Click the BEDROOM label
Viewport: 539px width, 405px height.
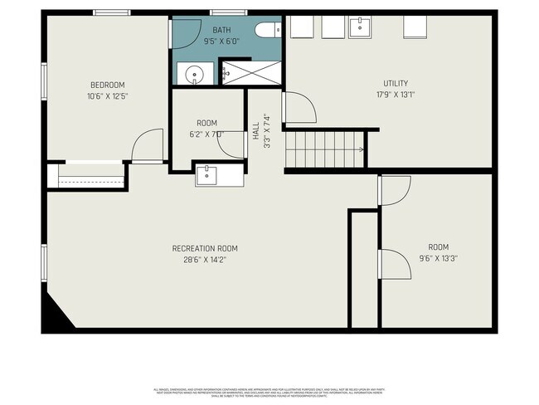point(108,85)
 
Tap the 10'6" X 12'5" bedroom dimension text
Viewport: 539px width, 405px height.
point(108,96)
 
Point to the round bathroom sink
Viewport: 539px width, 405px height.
point(193,72)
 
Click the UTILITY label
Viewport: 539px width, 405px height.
point(396,83)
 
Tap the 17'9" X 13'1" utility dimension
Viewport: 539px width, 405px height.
point(396,95)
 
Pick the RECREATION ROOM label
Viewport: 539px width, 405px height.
point(205,248)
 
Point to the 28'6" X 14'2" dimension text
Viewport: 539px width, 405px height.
point(205,260)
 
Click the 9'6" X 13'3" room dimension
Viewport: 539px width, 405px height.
point(438,258)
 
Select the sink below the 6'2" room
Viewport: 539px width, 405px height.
point(207,175)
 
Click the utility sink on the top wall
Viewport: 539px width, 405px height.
point(361,27)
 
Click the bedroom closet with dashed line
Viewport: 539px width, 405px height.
point(87,176)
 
